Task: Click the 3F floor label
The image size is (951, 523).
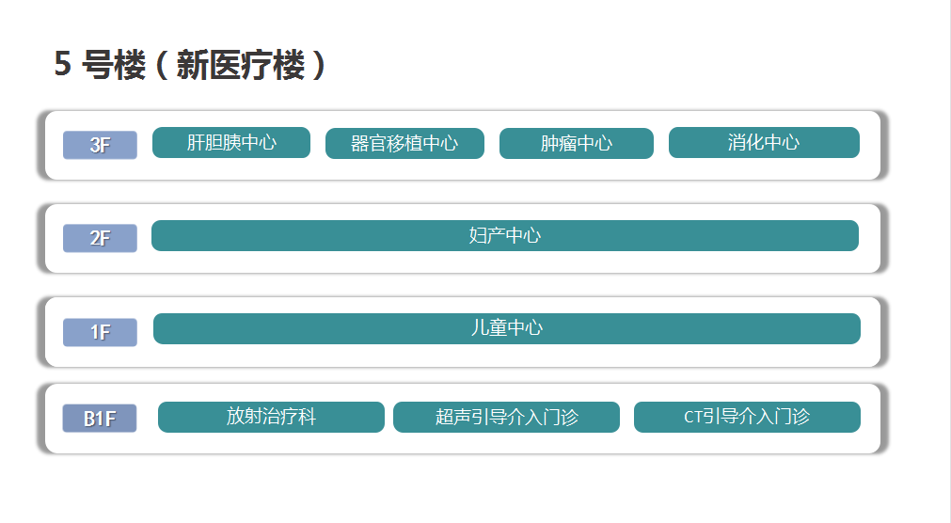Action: (x=100, y=145)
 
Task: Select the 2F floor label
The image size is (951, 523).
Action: (x=100, y=238)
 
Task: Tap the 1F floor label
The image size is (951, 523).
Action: (x=100, y=332)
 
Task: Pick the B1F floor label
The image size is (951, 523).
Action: (x=100, y=418)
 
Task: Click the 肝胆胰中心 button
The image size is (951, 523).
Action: (x=231, y=143)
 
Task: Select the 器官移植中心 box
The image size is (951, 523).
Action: (x=404, y=143)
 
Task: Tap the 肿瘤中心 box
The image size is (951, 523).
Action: (x=577, y=143)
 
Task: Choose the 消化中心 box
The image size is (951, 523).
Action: (x=764, y=143)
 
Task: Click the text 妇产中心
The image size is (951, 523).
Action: (x=504, y=235)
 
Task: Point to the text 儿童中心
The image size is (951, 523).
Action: (x=506, y=328)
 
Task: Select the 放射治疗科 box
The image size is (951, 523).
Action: (x=271, y=417)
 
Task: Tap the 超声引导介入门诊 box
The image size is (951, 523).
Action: (x=506, y=417)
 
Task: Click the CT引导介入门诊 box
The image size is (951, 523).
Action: (x=747, y=417)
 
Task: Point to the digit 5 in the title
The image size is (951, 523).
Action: (x=62, y=64)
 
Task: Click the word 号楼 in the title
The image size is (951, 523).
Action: (x=114, y=64)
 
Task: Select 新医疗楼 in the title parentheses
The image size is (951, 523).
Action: (x=241, y=64)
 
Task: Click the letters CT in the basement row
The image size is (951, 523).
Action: (x=693, y=417)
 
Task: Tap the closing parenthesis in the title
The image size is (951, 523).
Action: (x=319, y=64)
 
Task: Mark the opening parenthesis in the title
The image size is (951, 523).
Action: (x=162, y=64)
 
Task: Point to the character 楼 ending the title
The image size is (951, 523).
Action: (x=290, y=64)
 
